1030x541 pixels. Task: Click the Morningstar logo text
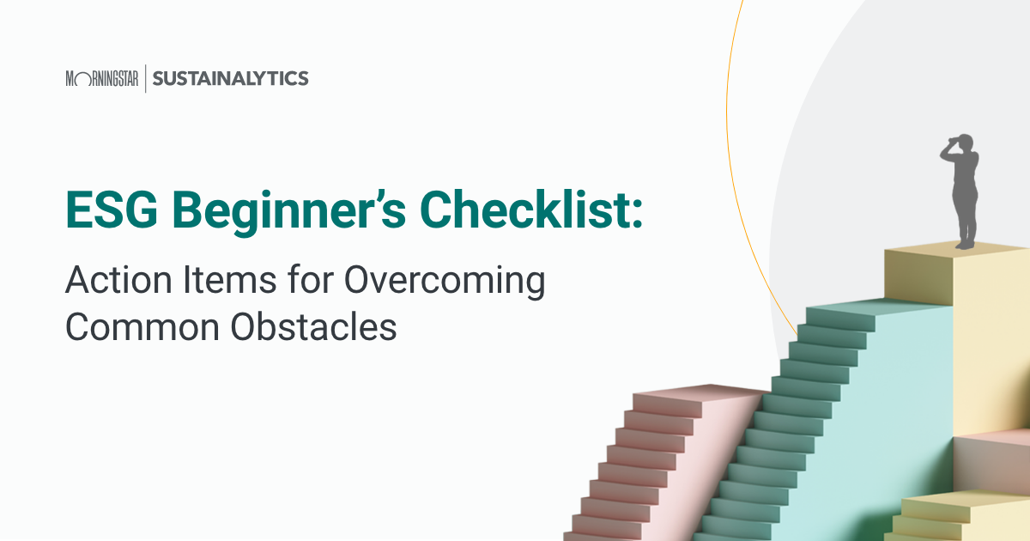pos(101,79)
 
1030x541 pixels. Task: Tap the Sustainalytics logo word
pos(230,79)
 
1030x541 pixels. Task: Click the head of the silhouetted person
pos(965,144)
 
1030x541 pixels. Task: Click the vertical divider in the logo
pos(145,79)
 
